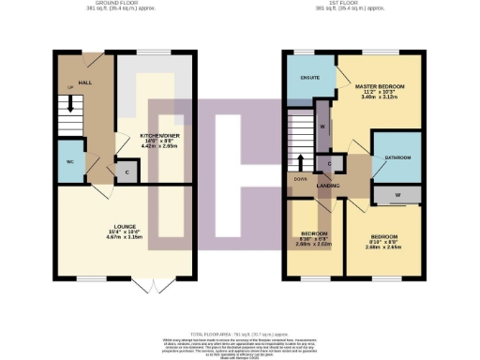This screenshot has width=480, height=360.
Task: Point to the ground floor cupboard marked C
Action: (127, 172)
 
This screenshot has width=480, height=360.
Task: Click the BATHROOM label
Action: (397, 157)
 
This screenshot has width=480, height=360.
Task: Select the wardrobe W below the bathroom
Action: (399, 196)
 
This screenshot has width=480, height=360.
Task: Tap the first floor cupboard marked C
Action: (329, 164)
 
